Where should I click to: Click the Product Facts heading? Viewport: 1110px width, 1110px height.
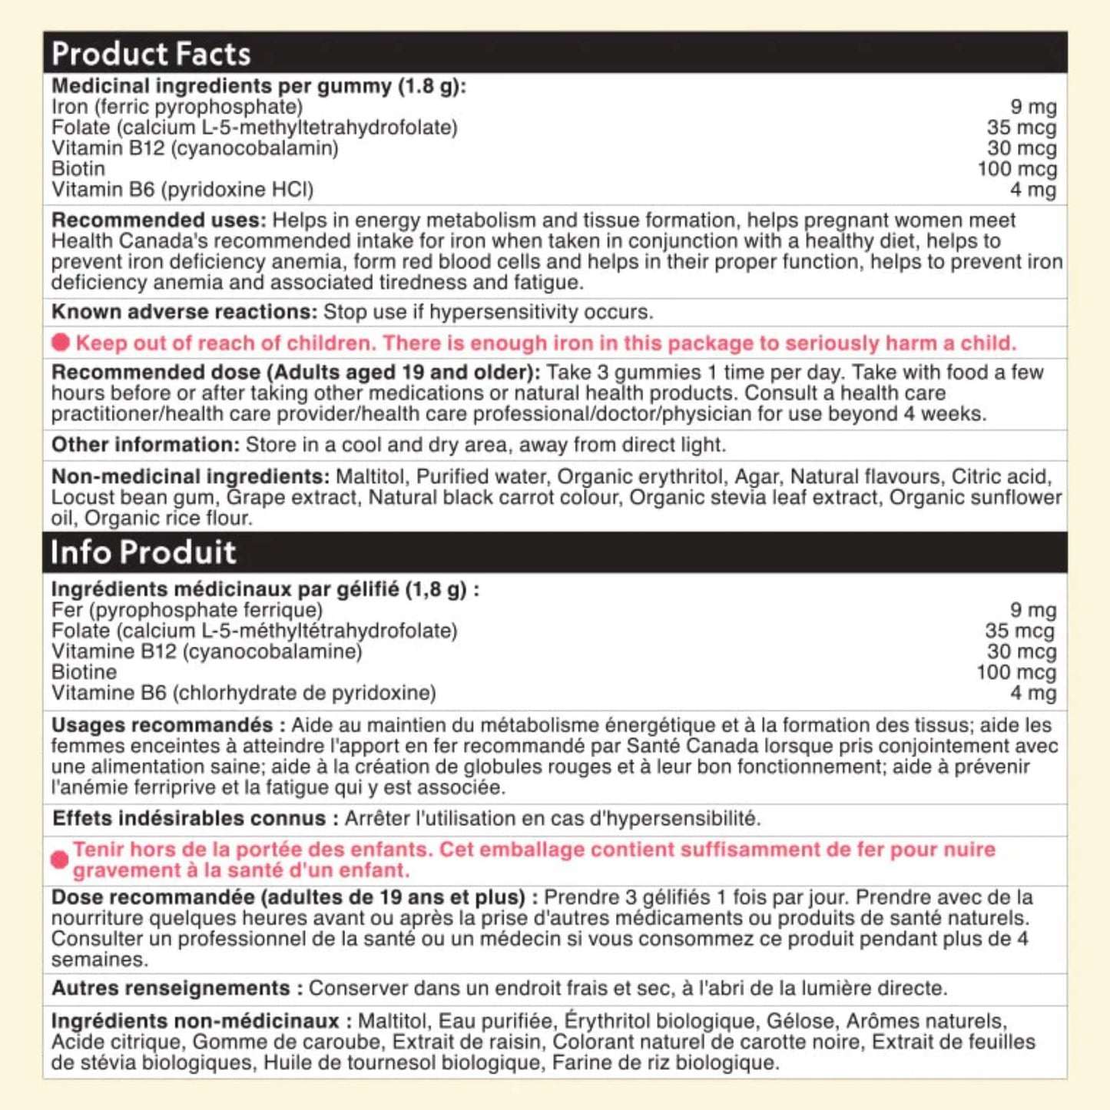pyautogui.click(x=151, y=54)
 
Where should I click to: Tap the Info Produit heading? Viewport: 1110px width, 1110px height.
pyautogui.click(x=143, y=552)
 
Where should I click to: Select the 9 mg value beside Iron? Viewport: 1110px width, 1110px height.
pyautogui.click(x=1033, y=107)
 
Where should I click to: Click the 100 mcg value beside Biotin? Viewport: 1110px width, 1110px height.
pyautogui.click(x=1016, y=169)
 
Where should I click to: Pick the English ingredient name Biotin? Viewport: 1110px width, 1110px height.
pyautogui.click(x=78, y=169)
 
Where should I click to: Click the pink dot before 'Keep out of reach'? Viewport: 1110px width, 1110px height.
pyautogui.click(x=61, y=343)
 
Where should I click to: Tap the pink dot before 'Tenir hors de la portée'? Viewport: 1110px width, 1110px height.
pyautogui.click(x=59, y=860)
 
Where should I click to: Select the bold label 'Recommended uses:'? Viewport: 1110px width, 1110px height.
pyautogui.click(x=158, y=220)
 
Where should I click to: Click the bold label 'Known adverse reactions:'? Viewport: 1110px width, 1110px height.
pyautogui.click(x=184, y=312)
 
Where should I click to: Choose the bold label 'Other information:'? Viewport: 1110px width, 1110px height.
pyautogui.click(x=146, y=445)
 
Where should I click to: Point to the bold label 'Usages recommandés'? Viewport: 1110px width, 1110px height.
pyautogui.click(x=162, y=725)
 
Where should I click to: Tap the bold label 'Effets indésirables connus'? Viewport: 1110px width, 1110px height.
pyautogui.click(x=189, y=818)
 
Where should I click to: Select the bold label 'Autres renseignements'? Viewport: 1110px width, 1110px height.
pyautogui.click(x=171, y=988)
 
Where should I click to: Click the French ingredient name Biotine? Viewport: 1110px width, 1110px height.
pyautogui.click(x=84, y=672)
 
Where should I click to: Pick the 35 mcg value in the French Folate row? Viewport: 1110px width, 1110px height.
pyautogui.click(x=1019, y=631)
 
